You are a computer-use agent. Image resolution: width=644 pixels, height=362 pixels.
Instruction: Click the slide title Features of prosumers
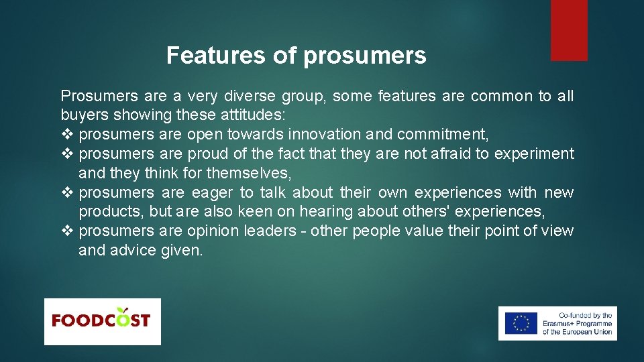[296, 56]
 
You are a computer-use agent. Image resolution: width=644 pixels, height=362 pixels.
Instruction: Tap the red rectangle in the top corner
[569, 30]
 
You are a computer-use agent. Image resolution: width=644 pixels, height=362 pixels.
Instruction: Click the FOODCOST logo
[102, 321]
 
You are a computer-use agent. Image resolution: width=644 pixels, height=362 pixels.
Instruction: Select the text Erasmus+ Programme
[578, 324]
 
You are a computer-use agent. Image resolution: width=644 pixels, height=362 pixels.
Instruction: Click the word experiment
[534, 154]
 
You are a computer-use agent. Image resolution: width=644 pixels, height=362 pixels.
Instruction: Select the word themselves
[249, 174]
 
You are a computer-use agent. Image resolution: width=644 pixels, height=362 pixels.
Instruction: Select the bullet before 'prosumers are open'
[66, 135]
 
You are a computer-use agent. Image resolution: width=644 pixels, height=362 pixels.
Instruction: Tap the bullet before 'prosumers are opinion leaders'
[66, 231]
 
